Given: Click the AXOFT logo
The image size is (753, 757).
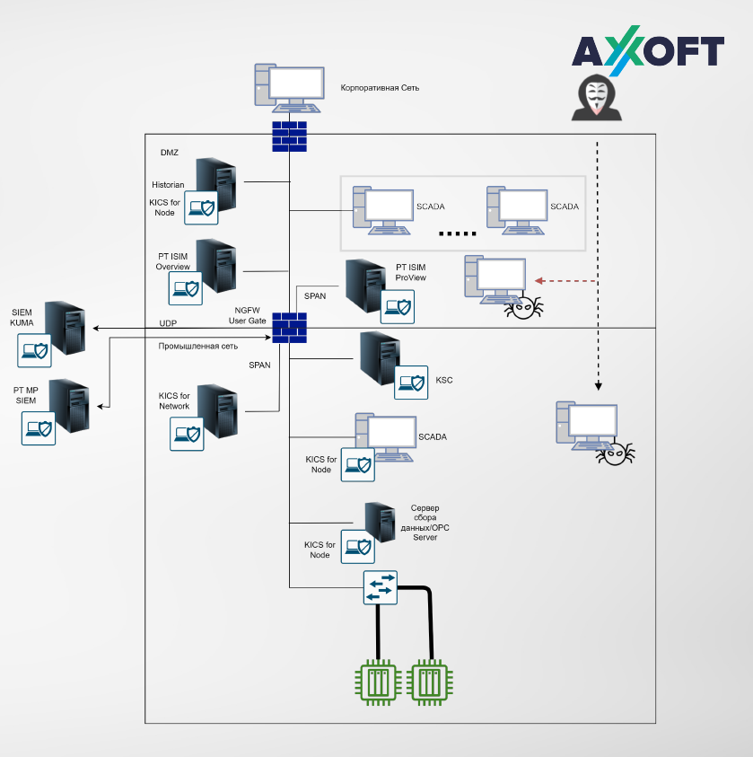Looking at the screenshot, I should coord(648,52).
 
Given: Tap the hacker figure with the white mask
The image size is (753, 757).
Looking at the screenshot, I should coord(596,98).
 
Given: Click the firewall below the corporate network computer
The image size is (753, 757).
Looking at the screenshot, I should coord(289,136).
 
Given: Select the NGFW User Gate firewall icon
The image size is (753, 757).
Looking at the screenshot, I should coord(289,327).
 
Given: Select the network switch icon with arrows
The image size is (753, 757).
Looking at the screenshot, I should coord(380,587).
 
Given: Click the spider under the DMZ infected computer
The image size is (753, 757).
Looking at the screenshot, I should coord(523,308).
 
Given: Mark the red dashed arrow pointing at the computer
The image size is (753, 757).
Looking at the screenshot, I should coord(565,281).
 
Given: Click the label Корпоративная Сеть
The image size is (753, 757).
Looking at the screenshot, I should coord(380,88).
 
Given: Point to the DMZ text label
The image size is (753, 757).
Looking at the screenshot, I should coord(170,153).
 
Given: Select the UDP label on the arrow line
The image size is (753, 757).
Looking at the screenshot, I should coord(168,322).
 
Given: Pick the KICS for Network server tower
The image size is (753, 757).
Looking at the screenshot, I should coord(216,409).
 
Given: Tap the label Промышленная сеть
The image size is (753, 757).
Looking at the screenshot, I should coord(198,346).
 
